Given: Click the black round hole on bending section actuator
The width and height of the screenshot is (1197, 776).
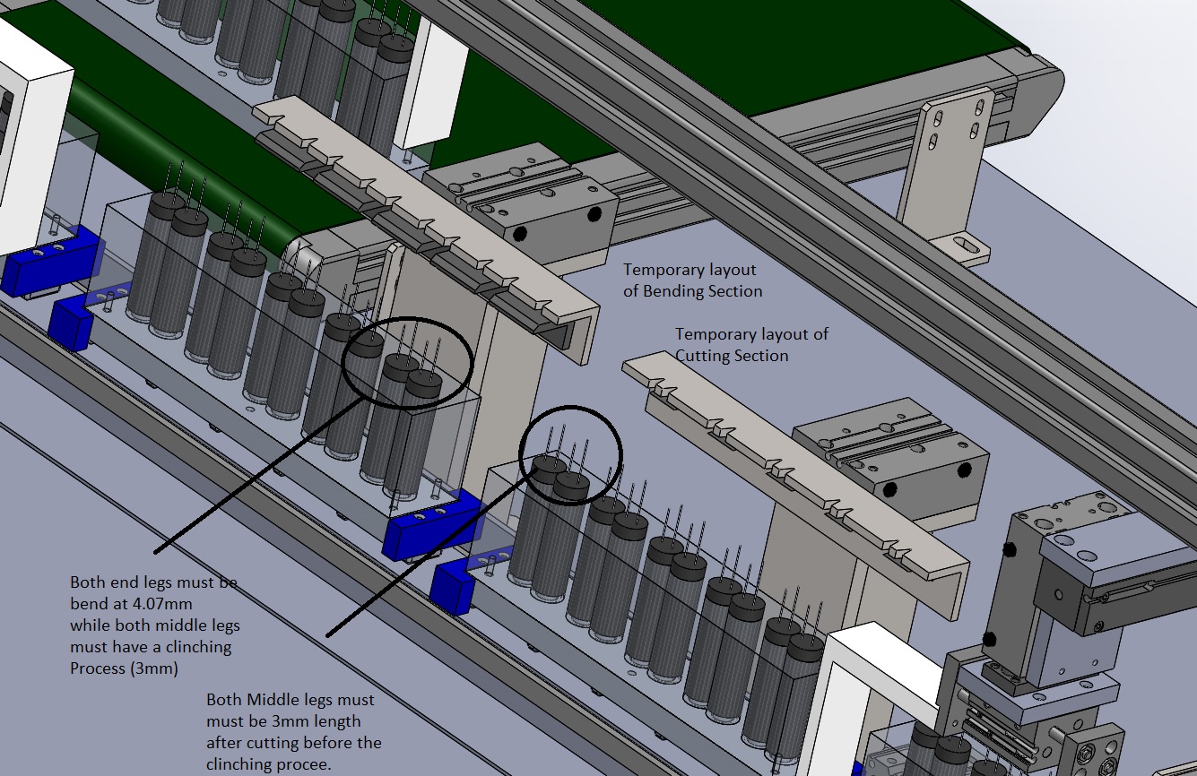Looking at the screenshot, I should tap(593, 214).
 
